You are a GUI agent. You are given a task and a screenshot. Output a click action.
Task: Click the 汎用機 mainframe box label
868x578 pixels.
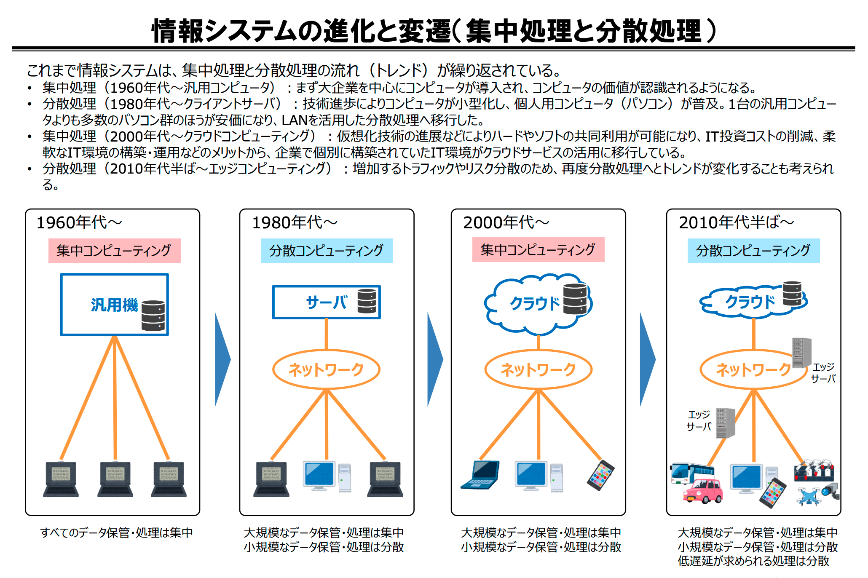(x=114, y=305)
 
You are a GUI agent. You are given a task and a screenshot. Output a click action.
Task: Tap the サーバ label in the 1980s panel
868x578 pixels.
(x=327, y=302)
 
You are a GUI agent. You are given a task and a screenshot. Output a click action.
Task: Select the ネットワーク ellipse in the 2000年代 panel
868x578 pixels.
(x=538, y=369)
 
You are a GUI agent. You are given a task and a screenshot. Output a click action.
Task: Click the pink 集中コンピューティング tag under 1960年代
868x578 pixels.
(x=115, y=251)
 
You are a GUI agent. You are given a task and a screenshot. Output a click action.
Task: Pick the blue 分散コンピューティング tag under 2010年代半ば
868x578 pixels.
(x=753, y=251)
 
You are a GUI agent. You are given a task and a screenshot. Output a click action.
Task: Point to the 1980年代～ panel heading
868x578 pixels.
(x=295, y=222)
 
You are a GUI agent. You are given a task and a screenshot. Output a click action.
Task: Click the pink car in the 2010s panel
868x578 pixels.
(x=702, y=491)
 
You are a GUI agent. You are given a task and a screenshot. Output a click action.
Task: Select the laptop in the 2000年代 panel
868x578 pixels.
(x=480, y=475)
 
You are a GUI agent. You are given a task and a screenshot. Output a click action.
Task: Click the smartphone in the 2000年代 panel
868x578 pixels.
(x=601, y=475)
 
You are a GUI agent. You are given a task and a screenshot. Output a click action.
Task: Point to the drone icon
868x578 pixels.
(x=808, y=496)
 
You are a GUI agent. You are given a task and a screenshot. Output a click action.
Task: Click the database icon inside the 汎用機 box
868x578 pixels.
(x=153, y=316)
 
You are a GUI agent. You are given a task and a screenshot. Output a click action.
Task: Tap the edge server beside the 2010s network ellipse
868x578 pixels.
(x=801, y=353)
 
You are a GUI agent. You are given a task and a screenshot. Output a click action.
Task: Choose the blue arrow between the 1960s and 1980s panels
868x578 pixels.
(x=222, y=360)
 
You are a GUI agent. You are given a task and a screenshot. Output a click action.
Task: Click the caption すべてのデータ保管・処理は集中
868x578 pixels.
(x=116, y=533)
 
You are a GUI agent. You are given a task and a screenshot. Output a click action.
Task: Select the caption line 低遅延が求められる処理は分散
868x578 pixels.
(x=753, y=561)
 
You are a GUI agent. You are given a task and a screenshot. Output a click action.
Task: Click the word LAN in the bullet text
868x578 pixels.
(x=295, y=120)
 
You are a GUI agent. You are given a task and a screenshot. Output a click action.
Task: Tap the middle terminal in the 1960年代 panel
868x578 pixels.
(x=115, y=479)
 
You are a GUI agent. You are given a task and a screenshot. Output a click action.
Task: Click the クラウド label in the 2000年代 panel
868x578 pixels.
(x=535, y=303)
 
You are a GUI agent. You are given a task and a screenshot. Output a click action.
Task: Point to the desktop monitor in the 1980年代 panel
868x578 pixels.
(x=319, y=476)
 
